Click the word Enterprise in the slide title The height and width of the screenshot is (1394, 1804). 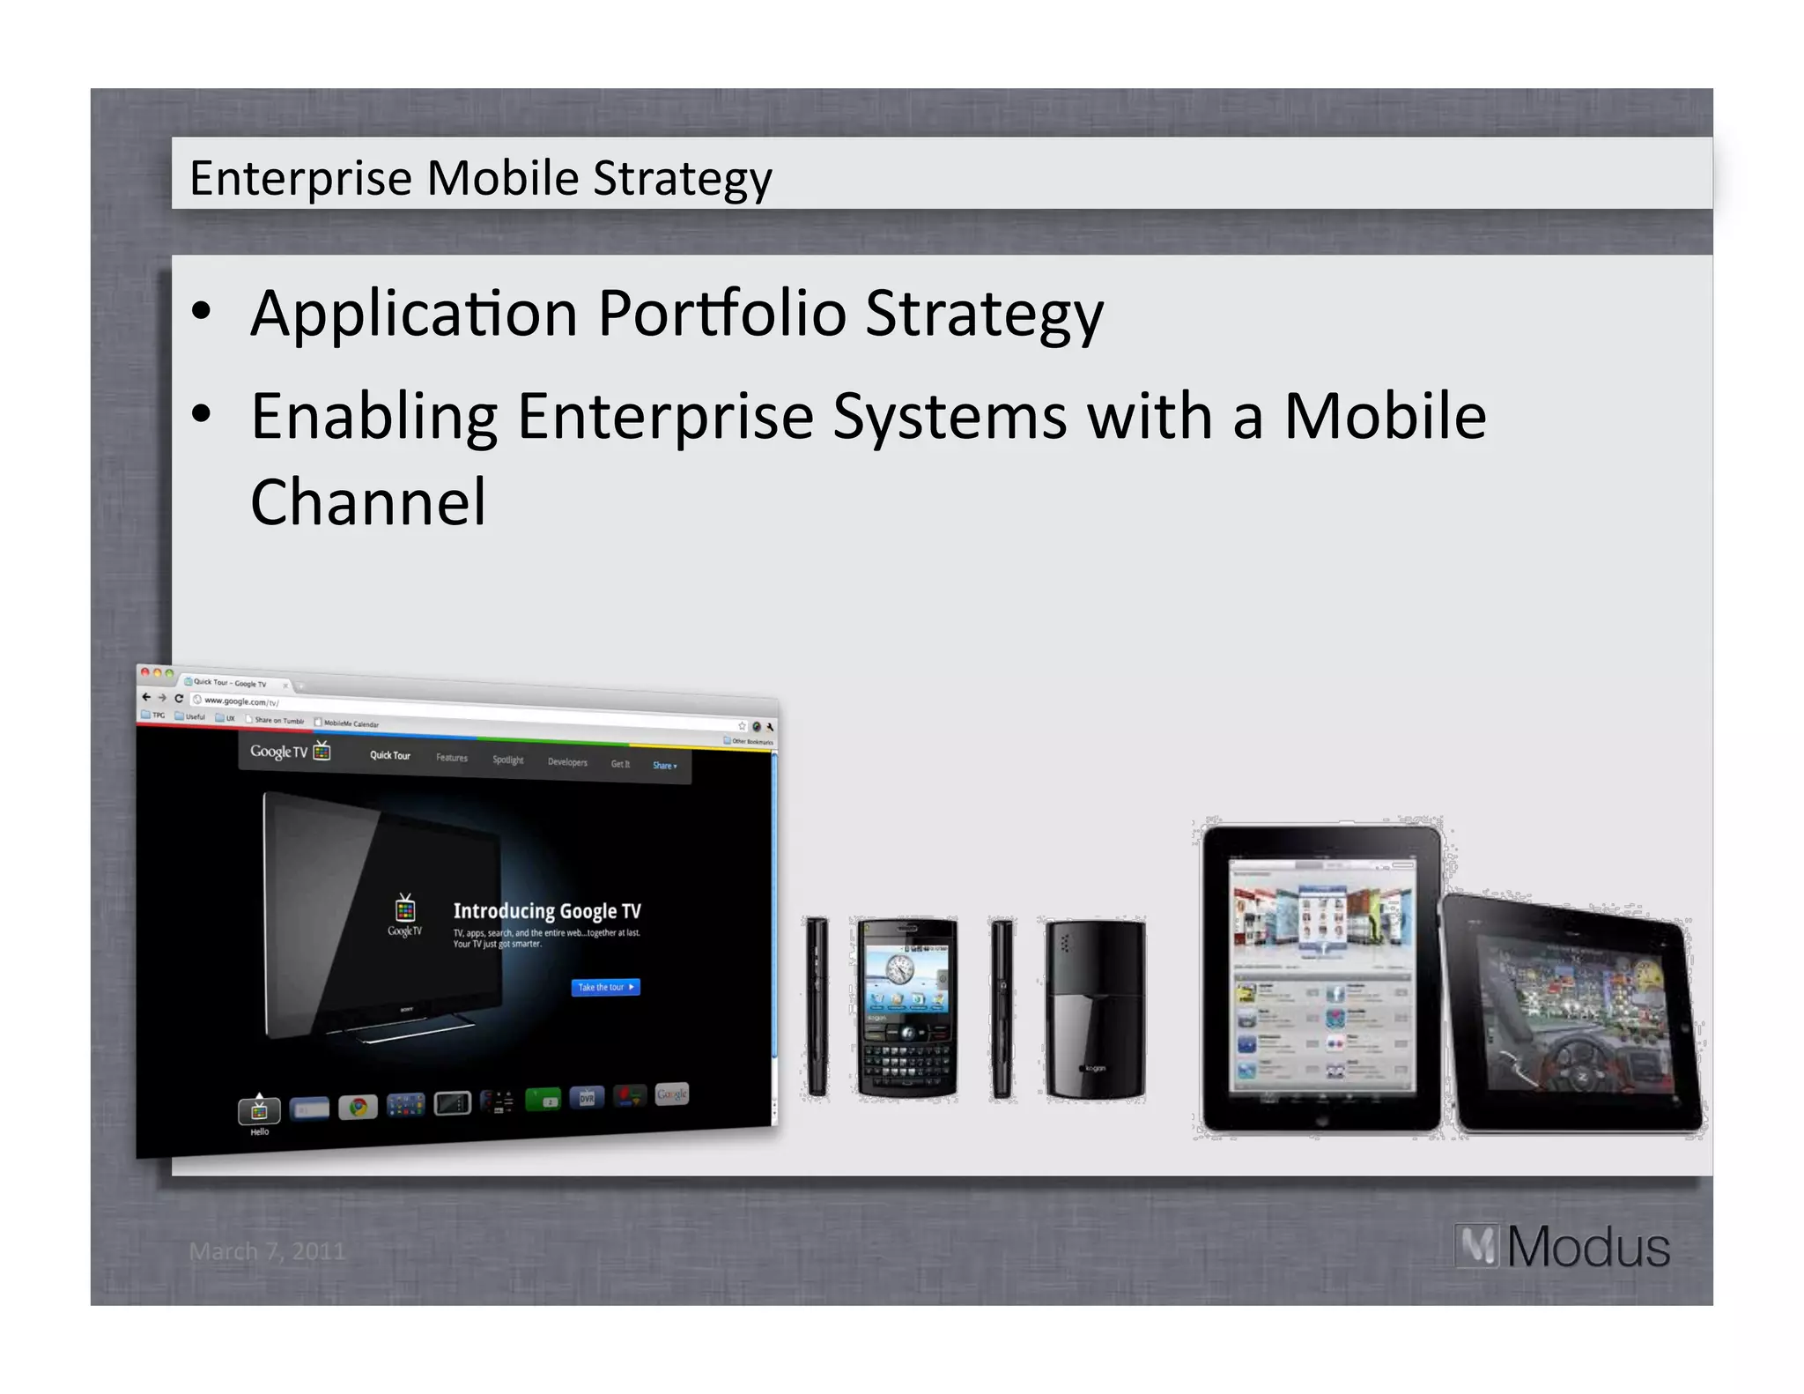coord(300,179)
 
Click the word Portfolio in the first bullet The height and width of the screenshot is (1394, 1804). coord(721,314)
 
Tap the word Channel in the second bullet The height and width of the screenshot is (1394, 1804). coord(368,502)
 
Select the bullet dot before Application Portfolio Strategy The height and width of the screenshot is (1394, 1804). coord(202,311)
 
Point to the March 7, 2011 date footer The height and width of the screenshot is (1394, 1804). coord(267,1251)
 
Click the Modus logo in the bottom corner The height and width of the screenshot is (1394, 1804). coord(1563,1247)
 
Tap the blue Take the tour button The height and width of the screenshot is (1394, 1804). coord(605,987)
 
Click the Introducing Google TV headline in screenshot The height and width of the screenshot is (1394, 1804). coord(547,911)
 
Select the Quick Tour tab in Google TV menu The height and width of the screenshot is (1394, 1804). coord(389,755)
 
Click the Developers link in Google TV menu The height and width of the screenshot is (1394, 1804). coord(567,762)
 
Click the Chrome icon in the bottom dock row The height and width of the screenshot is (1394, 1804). coord(358,1107)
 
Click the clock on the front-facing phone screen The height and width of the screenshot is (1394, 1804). coord(899,969)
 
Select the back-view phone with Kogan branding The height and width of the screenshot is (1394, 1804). coord(1095,1009)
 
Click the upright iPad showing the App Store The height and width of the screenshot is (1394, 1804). coord(1320,978)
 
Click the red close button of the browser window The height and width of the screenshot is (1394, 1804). coord(145,672)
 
